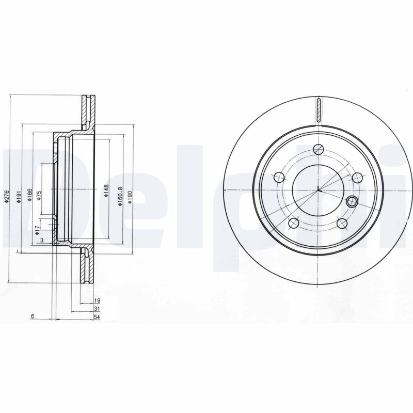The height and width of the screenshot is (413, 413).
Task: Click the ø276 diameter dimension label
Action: [x=7, y=197]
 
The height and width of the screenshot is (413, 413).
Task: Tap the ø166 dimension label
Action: [x=30, y=195]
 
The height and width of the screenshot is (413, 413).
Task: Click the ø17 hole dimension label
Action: [x=38, y=229]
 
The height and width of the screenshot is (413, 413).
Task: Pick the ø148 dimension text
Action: [x=106, y=190]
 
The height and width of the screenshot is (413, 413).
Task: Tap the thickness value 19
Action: [x=97, y=300]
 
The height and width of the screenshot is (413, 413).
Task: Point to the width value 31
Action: [x=97, y=309]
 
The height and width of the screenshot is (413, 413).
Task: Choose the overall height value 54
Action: [x=97, y=317]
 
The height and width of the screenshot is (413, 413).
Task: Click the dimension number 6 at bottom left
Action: [x=32, y=317]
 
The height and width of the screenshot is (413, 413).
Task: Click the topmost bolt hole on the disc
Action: [x=319, y=150]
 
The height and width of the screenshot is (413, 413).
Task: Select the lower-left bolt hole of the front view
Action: [x=294, y=223]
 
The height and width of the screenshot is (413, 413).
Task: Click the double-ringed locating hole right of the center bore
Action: [x=353, y=201]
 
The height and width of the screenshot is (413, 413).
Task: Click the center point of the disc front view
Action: [x=319, y=191]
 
